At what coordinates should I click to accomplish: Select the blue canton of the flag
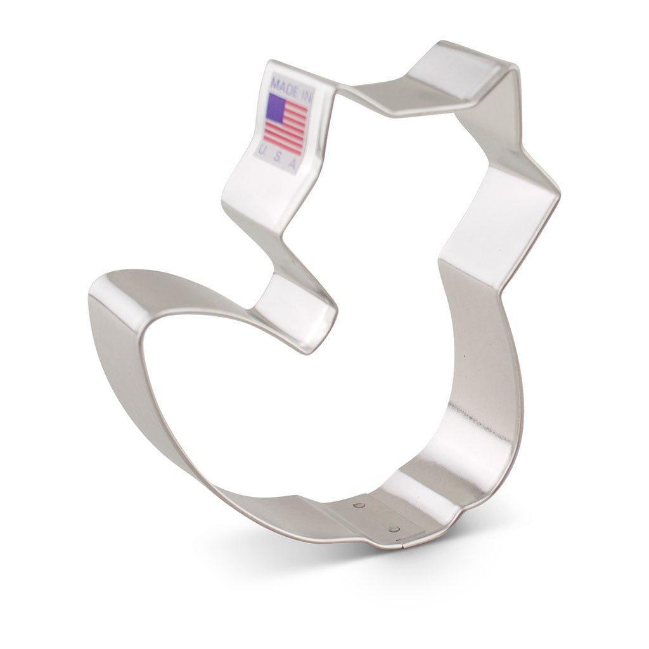[x=276, y=107]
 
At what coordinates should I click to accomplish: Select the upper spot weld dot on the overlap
[x=359, y=506]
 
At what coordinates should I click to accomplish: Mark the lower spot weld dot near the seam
[x=394, y=529]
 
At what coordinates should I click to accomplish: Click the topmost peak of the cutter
[x=444, y=44]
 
